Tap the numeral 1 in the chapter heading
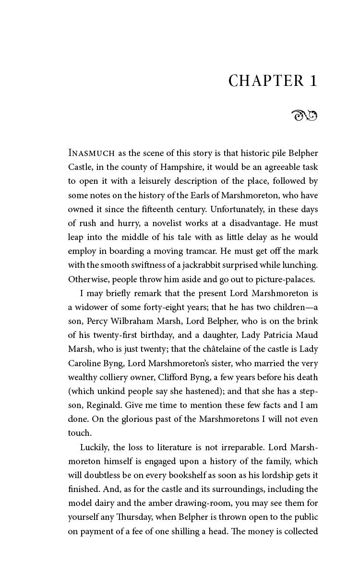click(313, 81)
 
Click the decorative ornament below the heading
click(304, 115)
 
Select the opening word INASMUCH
click(92, 154)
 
